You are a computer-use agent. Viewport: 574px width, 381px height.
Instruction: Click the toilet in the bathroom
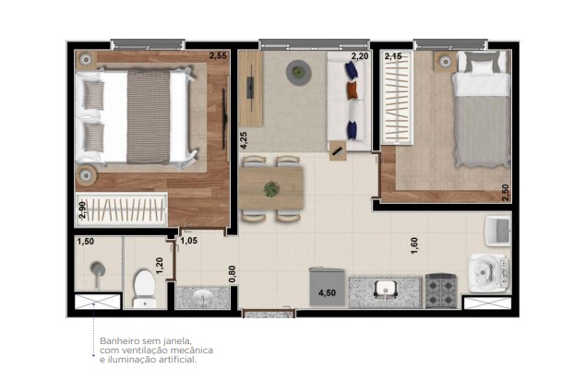(145, 286)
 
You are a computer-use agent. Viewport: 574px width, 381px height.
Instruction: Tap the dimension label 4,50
(327, 294)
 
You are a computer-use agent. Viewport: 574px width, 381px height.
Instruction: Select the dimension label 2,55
(218, 56)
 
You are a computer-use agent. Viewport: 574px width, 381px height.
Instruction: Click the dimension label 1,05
(189, 242)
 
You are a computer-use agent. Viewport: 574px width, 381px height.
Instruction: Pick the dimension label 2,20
(358, 57)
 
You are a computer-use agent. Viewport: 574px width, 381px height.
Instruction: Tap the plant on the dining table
(271, 188)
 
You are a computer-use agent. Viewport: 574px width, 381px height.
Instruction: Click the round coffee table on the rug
(298, 72)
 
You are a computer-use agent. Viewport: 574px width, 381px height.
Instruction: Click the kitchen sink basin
(386, 290)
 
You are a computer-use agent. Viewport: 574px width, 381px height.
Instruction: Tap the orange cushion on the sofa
(352, 90)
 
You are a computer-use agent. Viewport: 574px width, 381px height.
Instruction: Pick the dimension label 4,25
(244, 140)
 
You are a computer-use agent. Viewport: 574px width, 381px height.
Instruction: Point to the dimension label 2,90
(82, 208)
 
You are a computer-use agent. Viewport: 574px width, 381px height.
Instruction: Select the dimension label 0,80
(233, 274)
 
